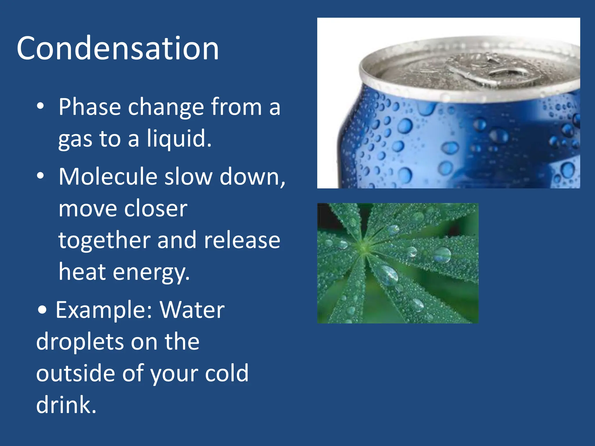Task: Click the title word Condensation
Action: point(118,48)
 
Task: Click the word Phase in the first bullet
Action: point(89,107)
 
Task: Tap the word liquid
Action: point(178,139)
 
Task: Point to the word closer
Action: point(156,208)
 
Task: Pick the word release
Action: point(242,240)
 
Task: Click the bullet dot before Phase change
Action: point(40,106)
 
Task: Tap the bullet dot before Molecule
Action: point(40,176)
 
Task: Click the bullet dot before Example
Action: point(42,310)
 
